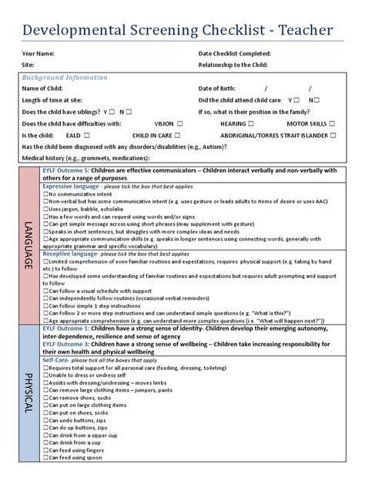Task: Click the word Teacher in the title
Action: (307, 29)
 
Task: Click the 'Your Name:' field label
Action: (38, 54)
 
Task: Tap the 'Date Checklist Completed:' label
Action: (235, 54)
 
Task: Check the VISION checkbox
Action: (179, 123)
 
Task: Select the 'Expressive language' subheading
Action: (71, 186)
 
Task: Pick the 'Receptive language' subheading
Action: (70, 254)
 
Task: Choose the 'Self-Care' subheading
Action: (55, 360)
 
